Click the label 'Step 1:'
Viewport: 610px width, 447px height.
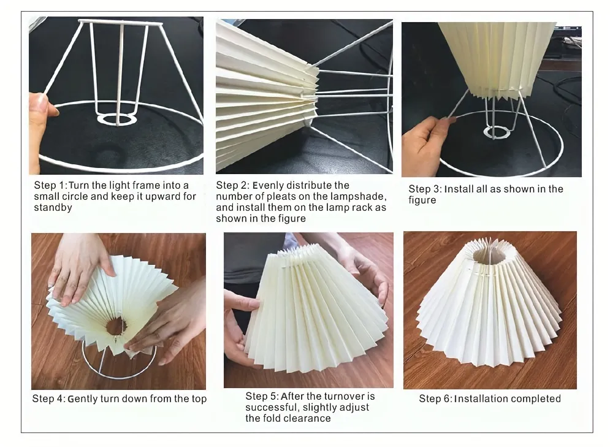[50, 186]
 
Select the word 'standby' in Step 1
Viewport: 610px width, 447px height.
[53, 207]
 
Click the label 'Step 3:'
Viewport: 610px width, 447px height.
[425, 189]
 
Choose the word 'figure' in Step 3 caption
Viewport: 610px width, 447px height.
[422, 201]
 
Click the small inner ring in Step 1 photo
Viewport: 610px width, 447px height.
[116, 120]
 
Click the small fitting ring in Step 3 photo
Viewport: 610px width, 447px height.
[496, 132]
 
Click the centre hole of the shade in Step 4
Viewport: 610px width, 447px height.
[115, 326]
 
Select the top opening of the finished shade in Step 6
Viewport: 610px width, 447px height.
[487, 255]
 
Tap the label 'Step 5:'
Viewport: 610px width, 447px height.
[262, 397]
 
